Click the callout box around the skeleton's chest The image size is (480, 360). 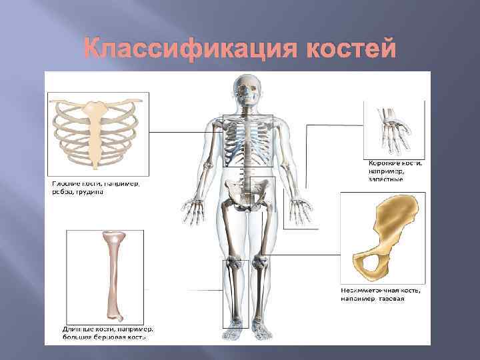[248, 140]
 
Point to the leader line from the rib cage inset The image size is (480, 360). [187, 132]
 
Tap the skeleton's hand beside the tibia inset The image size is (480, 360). [197, 211]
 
